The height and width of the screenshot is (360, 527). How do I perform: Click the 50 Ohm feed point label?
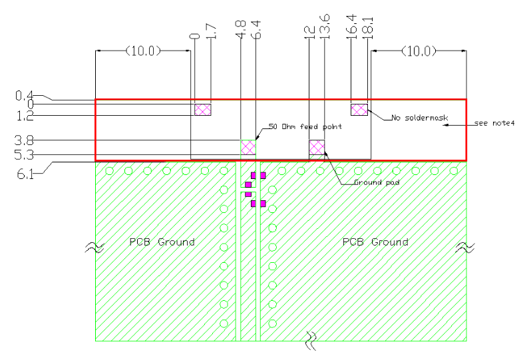pyautogui.click(x=305, y=126)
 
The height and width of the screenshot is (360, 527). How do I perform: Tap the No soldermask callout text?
pyautogui.click(x=420, y=118)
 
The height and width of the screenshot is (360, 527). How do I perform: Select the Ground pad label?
pyautogui.click(x=377, y=182)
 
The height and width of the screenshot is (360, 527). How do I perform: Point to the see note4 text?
pyautogui.click(x=494, y=123)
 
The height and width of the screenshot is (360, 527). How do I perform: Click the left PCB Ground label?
pyautogui.click(x=162, y=242)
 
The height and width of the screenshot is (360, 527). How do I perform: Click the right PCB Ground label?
pyautogui.click(x=375, y=242)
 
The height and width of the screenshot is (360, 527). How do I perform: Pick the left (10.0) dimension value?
pyautogui.click(x=143, y=51)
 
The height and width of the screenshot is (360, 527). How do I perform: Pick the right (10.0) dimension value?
pyautogui.click(x=419, y=51)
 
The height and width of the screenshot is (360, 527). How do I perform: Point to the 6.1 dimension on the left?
pyautogui.click(x=25, y=174)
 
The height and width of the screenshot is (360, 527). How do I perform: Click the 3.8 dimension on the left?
pyautogui.click(x=24, y=140)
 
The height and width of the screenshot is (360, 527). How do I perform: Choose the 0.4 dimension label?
pyautogui.click(x=24, y=95)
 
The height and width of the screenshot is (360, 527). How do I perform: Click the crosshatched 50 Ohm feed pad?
pyautogui.click(x=248, y=147)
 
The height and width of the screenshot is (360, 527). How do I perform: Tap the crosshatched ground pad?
pyautogui.click(x=317, y=147)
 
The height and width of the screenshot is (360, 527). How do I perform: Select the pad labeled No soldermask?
pyautogui.click(x=359, y=110)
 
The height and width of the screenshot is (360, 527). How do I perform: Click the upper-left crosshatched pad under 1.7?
pyautogui.click(x=203, y=110)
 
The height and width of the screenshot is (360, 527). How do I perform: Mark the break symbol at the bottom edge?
pyautogui.click(x=311, y=341)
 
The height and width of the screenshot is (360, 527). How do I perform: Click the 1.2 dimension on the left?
pyautogui.click(x=25, y=116)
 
